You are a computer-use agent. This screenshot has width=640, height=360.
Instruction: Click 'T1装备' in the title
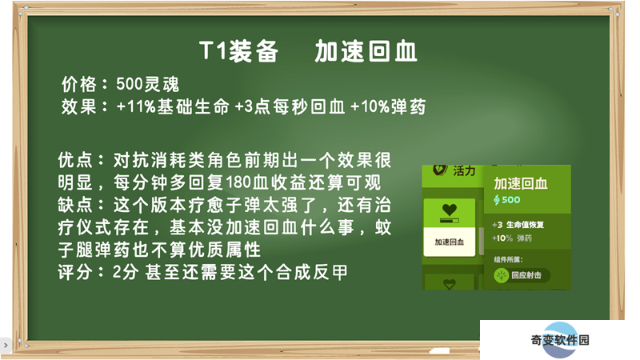(238, 52)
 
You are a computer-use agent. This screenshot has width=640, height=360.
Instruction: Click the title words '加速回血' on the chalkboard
(366, 52)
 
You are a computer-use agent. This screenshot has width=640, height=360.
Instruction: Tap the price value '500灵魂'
(148, 85)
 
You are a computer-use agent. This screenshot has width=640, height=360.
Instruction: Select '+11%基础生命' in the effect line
(173, 107)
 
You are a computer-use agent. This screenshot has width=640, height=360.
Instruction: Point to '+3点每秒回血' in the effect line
(290, 107)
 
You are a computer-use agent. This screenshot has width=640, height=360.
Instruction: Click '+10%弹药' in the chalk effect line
(388, 107)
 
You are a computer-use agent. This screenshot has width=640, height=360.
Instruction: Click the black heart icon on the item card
(450, 210)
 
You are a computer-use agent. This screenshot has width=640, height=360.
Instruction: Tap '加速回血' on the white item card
(450, 242)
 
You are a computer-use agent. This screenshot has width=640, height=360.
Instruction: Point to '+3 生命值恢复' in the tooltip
(518, 225)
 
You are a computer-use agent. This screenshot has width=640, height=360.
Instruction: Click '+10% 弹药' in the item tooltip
(512, 238)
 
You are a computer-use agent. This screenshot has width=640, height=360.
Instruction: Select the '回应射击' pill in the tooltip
(522, 275)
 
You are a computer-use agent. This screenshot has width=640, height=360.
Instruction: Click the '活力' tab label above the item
(464, 170)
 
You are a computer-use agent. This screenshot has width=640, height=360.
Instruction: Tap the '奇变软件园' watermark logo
(560, 340)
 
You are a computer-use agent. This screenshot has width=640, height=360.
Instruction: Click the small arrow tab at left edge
(5, 346)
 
